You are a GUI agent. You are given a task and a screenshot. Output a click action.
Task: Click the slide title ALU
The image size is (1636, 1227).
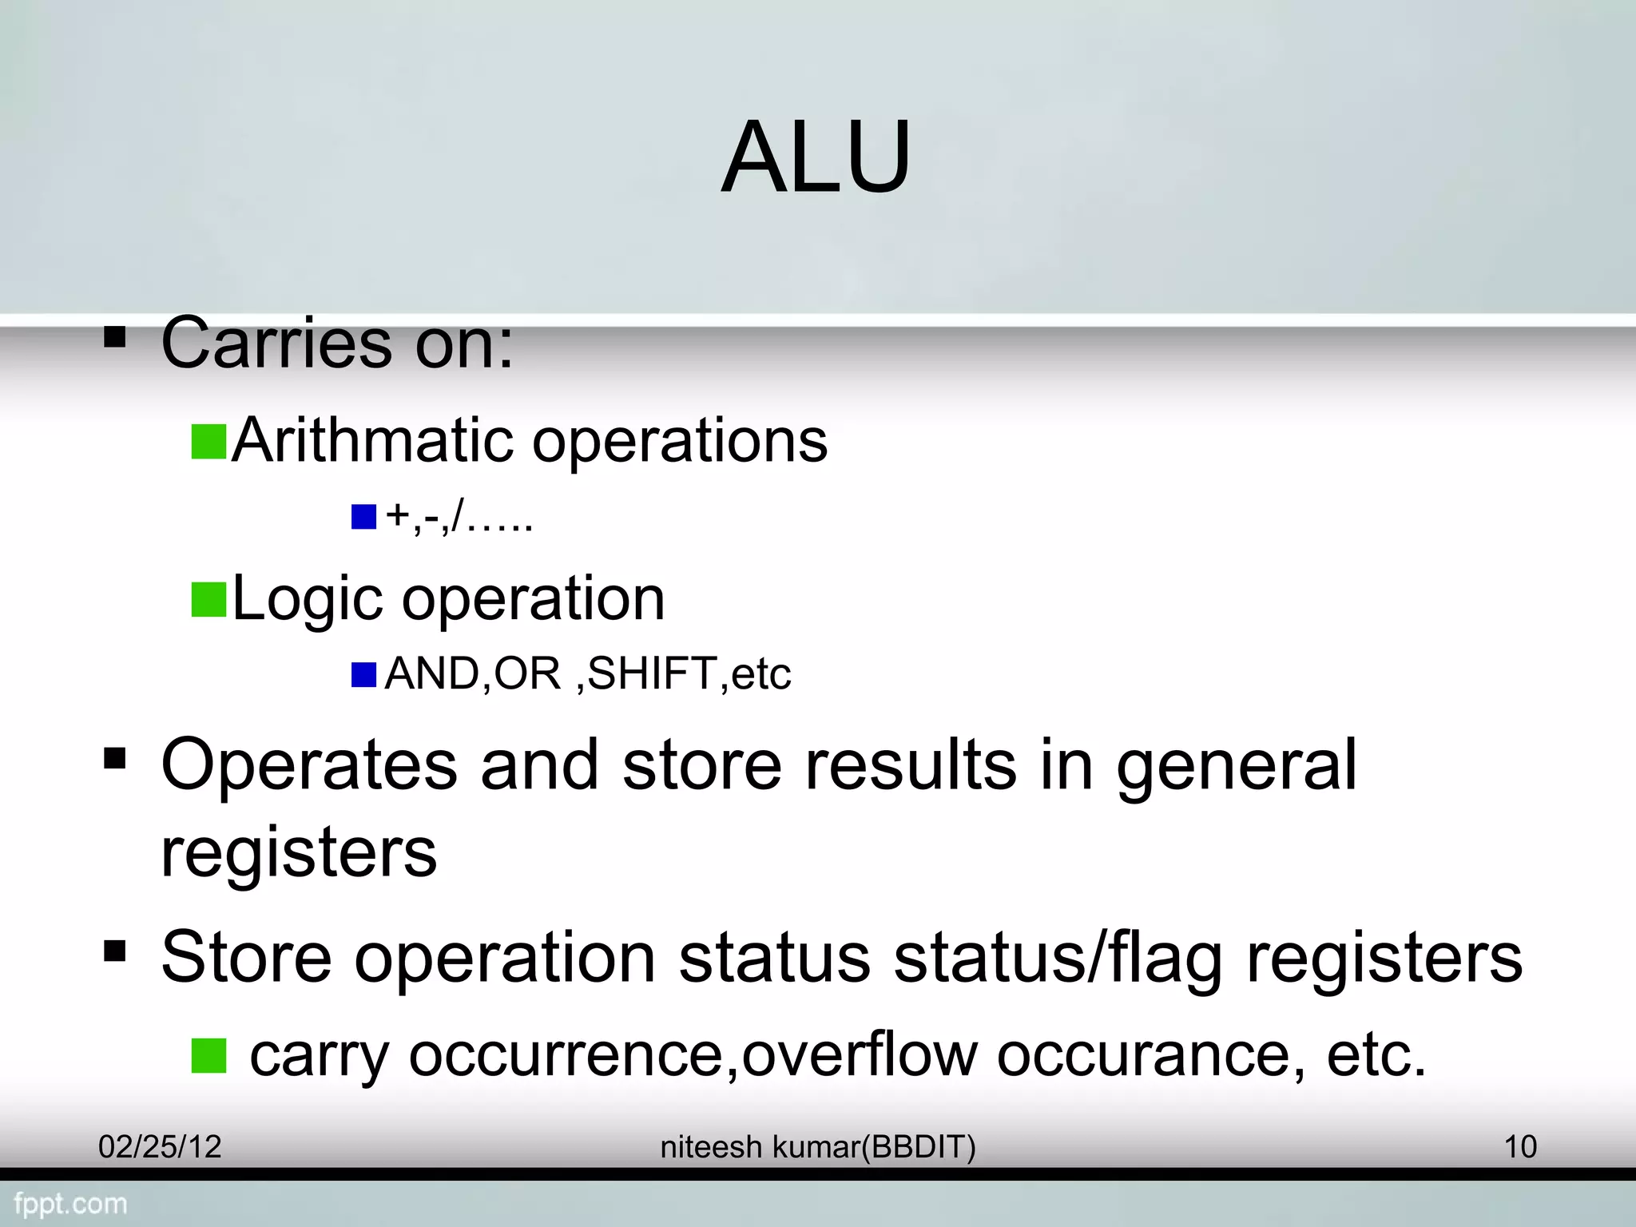coord(816,157)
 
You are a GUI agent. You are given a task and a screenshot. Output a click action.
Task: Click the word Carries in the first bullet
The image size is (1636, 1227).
coord(276,343)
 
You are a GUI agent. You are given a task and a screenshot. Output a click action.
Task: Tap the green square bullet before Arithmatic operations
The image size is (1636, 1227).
coord(209,442)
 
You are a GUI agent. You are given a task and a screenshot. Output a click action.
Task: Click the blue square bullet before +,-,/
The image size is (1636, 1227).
coord(363,517)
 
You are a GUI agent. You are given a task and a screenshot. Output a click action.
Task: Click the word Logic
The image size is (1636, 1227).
coord(307,599)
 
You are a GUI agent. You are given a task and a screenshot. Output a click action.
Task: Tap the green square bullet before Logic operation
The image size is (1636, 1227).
coord(209,600)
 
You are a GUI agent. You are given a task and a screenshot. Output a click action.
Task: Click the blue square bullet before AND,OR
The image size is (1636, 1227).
coord(363,675)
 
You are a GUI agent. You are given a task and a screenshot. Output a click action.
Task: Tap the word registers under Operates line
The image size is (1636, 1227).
coord(299,853)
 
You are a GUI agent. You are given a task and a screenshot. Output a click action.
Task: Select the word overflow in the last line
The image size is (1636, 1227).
coord(860,1054)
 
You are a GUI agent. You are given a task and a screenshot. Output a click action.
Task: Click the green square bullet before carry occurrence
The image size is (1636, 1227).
coord(209,1055)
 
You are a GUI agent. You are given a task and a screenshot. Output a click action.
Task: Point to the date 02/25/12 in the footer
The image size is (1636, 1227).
coord(160,1147)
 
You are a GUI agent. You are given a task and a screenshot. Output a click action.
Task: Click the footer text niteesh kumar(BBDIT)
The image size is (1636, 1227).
coord(818,1147)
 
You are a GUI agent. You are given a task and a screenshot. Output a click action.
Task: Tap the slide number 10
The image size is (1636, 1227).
coord(1520,1147)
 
